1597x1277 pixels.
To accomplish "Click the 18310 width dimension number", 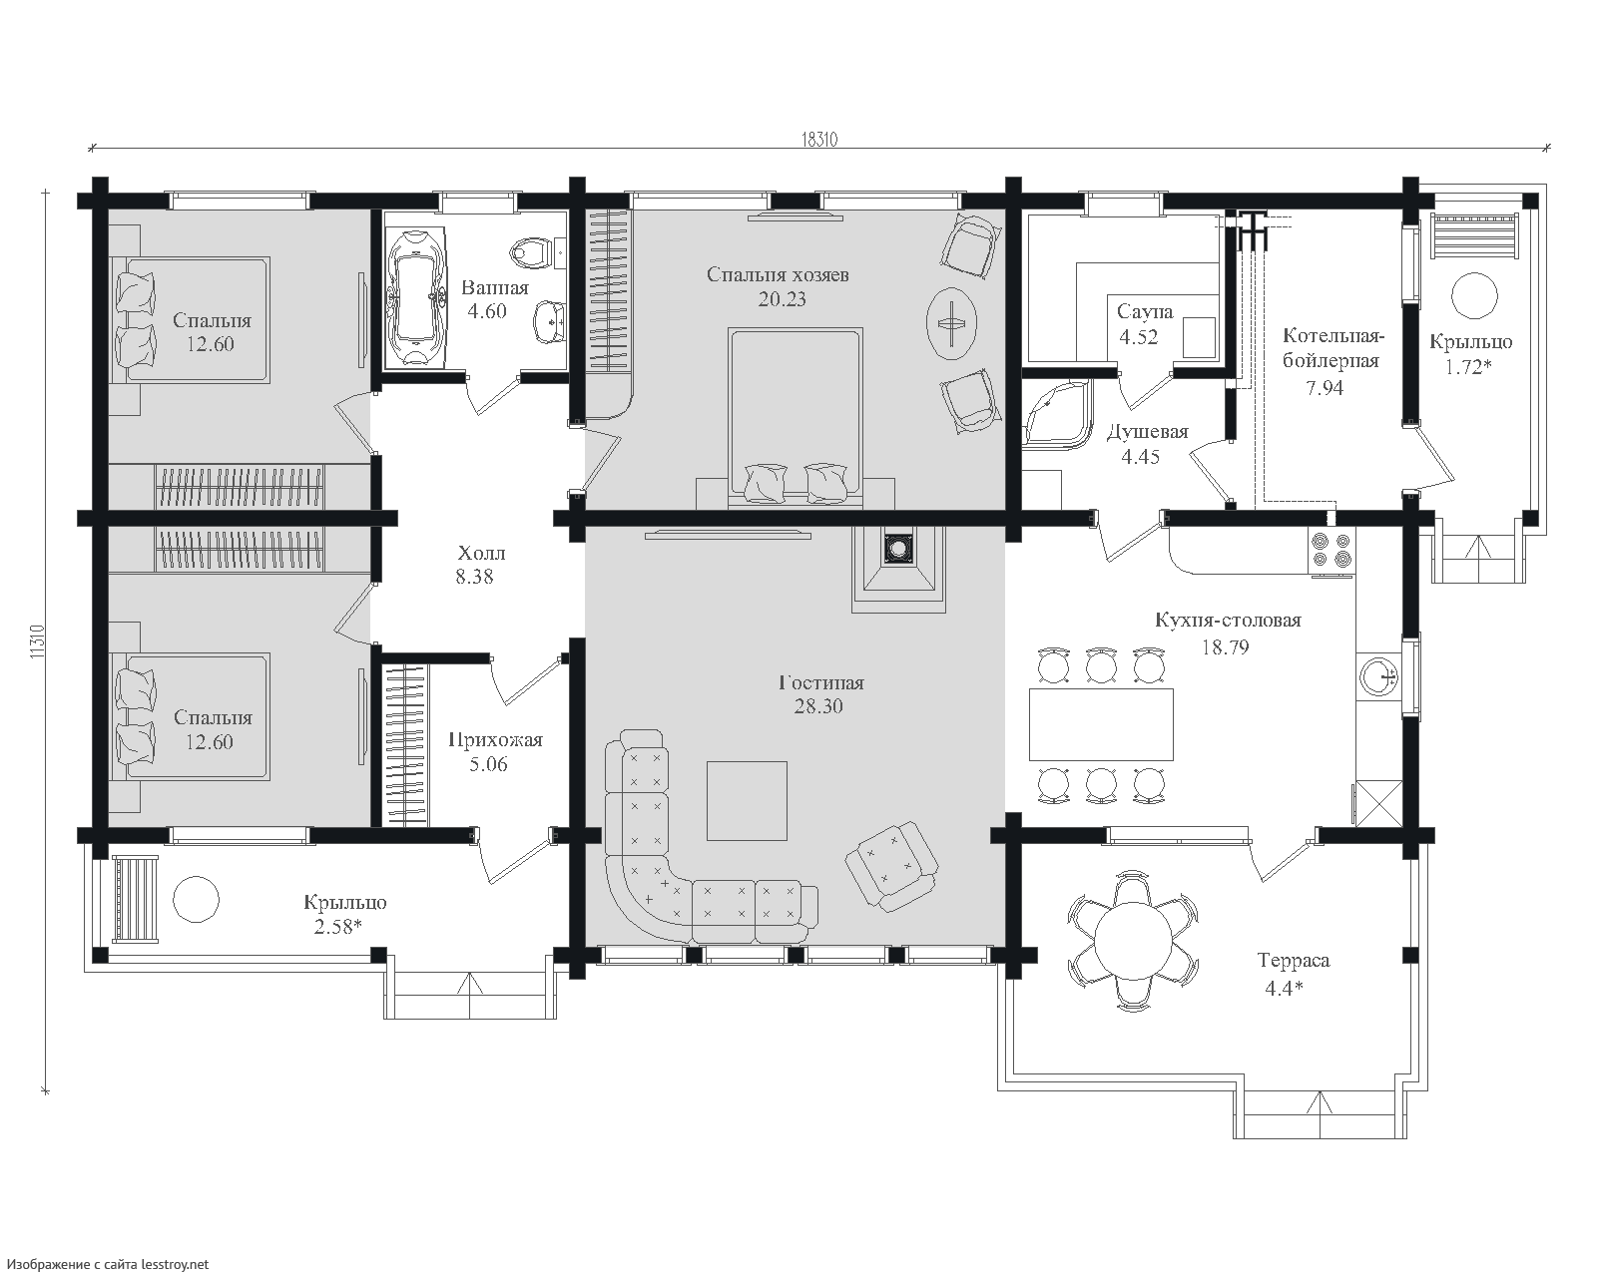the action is (819, 140).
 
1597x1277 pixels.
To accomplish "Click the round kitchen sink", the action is (1378, 677).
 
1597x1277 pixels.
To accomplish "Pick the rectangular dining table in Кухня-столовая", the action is (1101, 724).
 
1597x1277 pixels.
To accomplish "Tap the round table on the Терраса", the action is (1133, 940).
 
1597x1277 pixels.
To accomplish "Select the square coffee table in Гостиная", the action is (747, 801).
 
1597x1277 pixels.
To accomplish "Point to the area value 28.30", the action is (818, 705).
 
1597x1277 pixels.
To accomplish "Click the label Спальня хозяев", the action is (778, 274).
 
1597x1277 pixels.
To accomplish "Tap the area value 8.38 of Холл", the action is (474, 577).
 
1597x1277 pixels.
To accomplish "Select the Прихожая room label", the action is (496, 740).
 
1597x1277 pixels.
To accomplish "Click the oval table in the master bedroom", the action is (951, 323).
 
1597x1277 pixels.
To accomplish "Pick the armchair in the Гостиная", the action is (891, 865).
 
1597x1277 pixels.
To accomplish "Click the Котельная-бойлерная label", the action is (1332, 349).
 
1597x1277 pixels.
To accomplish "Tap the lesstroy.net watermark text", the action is (105, 1264).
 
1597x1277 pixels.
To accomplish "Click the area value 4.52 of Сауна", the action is (1139, 337).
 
